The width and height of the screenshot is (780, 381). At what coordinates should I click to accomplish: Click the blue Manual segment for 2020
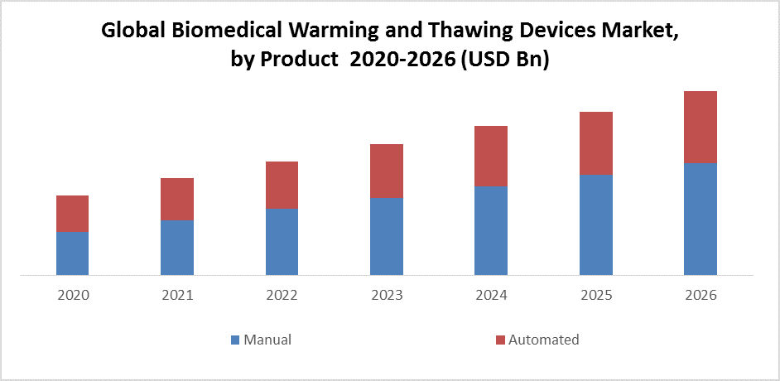pyautogui.click(x=72, y=253)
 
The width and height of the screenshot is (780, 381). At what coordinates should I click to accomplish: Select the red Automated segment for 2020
pyautogui.click(x=72, y=213)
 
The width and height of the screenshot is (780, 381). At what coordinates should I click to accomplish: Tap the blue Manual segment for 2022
pyautogui.click(x=282, y=241)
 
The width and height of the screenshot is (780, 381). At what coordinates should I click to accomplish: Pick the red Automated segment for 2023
pyautogui.click(x=386, y=171)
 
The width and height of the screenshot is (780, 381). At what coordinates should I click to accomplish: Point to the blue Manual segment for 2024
pyautogui.click(x=491, y=230)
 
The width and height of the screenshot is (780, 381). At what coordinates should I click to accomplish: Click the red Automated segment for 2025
pyautogui.click(x=595, y=143)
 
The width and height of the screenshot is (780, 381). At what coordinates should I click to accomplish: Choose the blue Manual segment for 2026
pyautogui.click(x=700, y=219)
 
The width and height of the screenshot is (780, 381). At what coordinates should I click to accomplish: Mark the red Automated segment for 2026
pyautogui.click(x=700, y=127)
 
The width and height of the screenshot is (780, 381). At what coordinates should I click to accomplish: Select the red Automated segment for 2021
pyautogui.click(x=177, y=199)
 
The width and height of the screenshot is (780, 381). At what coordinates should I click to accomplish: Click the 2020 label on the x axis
pyautogui.click(x=73, y=295)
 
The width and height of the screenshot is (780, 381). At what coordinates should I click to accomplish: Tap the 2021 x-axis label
pyautogui.click(x=177, y=295)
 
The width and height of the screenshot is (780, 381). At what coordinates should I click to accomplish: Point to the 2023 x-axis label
pyautogui.click(x=387, y=295)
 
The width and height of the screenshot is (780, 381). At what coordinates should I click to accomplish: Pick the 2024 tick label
pyautogui.click(x=491, y=295)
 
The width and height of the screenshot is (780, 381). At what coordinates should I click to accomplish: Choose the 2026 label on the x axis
pyautogui.click(x=701, y=295)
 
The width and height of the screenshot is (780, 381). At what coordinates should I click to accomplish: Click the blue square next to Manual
pyautogui.click(x=234, y=340)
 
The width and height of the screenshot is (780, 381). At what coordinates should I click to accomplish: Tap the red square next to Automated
pyautogui.click(x=499, y=340)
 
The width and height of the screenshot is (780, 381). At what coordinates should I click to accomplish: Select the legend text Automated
pyautogui.click(x=543, y=340)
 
